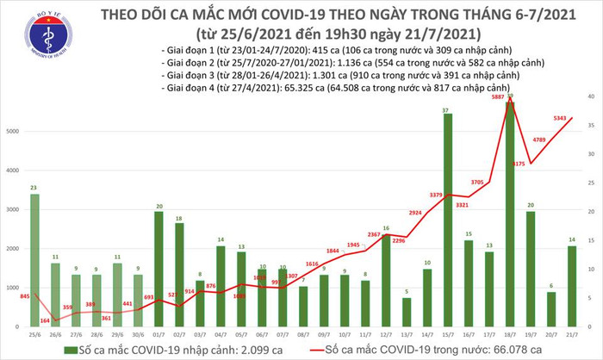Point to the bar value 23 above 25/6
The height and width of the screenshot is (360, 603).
(33, 188)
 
